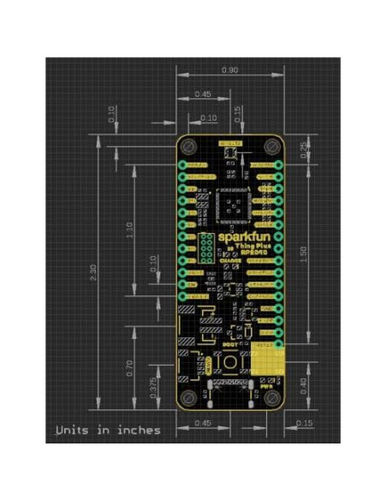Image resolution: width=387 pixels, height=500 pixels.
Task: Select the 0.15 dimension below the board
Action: (304, 423)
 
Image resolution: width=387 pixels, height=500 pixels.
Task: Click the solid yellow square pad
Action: (268, 362)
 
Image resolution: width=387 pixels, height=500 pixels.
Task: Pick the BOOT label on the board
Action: (229, 343)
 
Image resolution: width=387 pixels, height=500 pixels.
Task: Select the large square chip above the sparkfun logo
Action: (233, 205)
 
